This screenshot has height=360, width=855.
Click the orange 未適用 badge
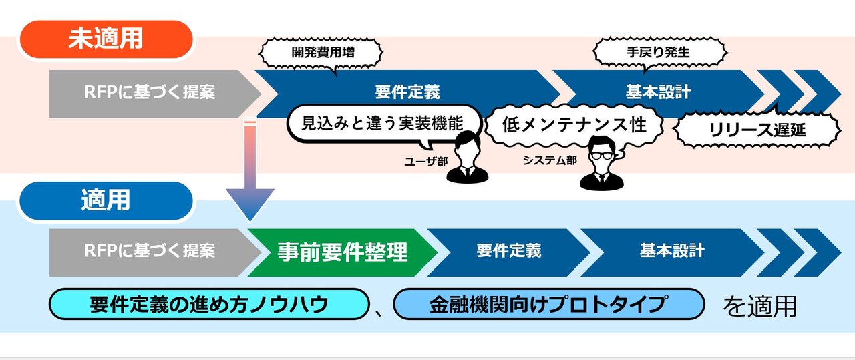[106, 39]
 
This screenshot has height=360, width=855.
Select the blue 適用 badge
[106, 200]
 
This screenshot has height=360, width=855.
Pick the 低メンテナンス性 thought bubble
[574, 124]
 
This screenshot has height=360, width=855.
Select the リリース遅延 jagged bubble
[757, 130]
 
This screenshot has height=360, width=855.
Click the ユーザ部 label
[425, 162]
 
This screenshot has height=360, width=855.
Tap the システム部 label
[550, 161]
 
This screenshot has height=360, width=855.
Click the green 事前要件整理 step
[342, 252]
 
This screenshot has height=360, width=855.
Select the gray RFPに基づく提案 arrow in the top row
[150, 93]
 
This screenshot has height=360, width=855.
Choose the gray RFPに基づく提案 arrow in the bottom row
[150, 252]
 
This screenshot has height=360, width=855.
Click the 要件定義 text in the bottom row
[508, 251]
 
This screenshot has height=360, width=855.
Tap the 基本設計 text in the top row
[657, 92]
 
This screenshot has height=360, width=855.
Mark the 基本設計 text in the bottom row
[671, 251]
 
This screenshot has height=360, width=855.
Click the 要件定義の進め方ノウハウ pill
[209, 305]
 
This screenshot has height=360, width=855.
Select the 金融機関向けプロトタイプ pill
[548, 305]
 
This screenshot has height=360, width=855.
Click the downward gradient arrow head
[250, 204]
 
